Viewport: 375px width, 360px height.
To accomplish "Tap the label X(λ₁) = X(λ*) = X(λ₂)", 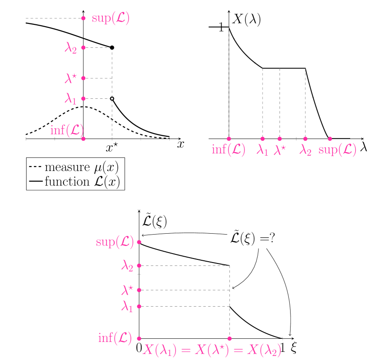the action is click(x=212, y=350).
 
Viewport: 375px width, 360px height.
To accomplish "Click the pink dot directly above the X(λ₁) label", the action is click(x=230, y=338).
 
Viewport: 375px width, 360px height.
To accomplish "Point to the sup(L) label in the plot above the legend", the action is click(x=111, y=18).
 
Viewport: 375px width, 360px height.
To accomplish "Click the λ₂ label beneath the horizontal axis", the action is click(x=306, y=150).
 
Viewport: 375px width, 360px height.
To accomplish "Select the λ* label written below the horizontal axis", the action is click(x=280, y=150).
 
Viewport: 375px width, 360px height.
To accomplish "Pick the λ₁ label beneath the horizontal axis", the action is click(x=262, y=150).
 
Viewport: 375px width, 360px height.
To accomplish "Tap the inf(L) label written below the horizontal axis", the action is click(x=229, y=149).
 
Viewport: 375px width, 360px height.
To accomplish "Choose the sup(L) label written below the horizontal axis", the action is click(x=337, y=150).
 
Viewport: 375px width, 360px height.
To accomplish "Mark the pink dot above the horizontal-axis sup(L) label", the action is click(x=330, y=138).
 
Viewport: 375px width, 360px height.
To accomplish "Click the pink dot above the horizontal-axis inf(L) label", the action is click(x=229, y=138).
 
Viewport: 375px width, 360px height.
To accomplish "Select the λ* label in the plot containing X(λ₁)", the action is click(x=128, y=290).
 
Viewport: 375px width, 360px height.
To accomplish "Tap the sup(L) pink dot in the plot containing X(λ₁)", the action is click(x=139, y=242).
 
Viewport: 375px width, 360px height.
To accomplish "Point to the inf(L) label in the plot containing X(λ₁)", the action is click(x=115, y=337).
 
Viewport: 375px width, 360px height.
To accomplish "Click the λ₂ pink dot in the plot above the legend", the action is click(x=83, y=47).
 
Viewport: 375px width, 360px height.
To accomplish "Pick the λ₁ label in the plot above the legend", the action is click(x=71, y=98).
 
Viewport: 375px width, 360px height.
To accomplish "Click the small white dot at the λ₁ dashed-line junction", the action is click(x=112, y=98).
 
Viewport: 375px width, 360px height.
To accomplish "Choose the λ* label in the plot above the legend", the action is click(x=71, y=78).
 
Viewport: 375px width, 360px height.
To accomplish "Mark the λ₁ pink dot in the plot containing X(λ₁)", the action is click(x=139, y=306).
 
